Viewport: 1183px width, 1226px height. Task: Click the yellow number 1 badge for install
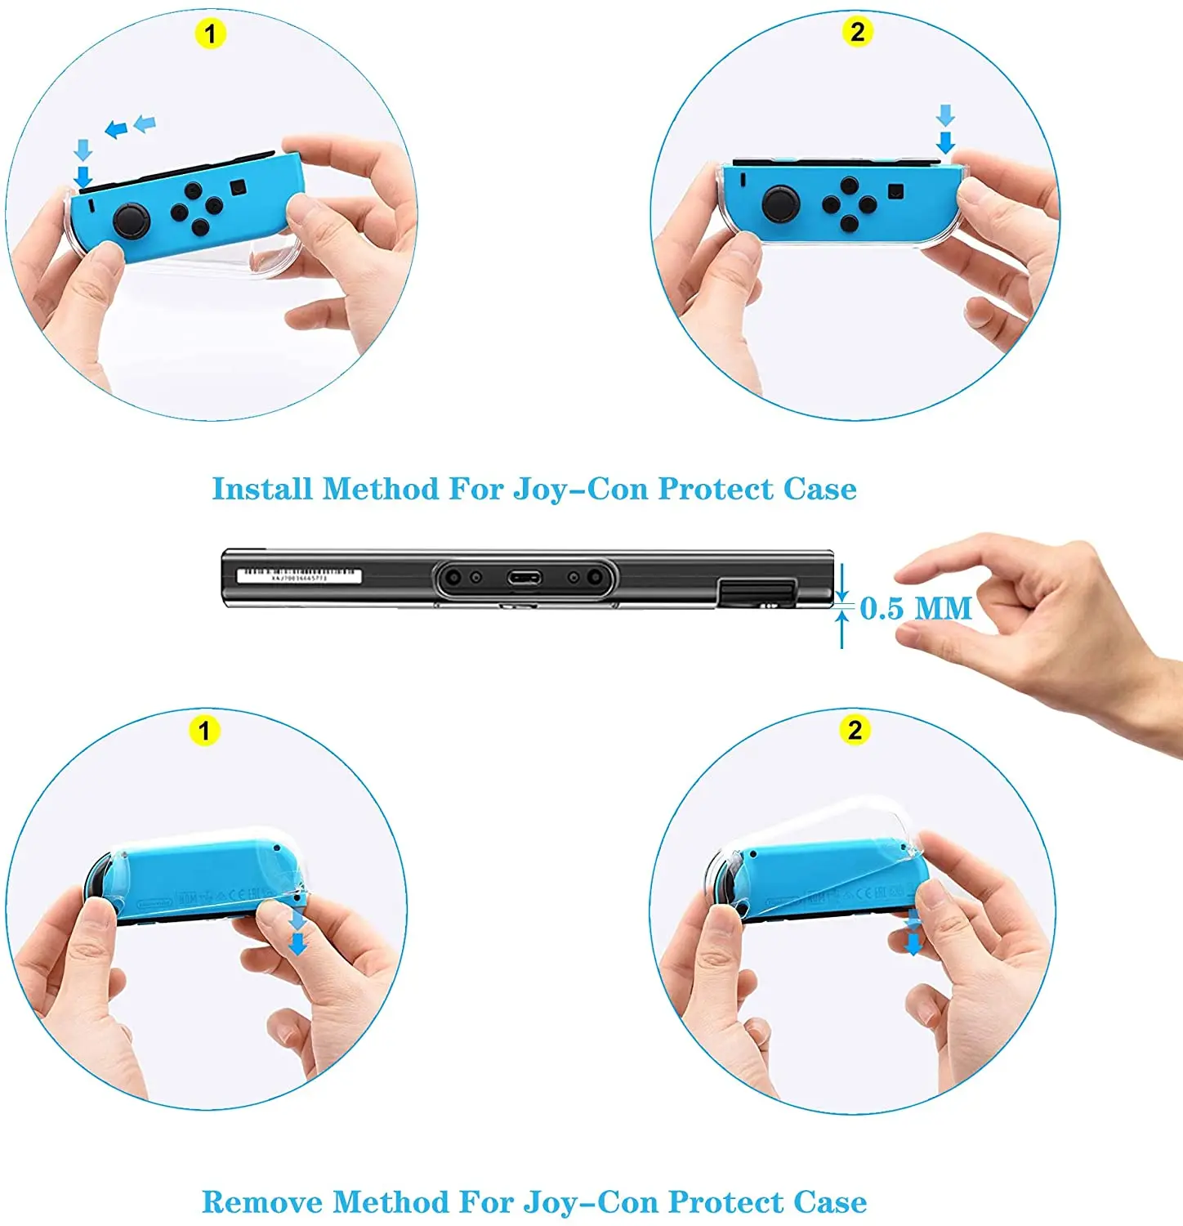pyautogui.click(x=210, y=34)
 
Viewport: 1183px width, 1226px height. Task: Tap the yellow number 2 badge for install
pyautogui.click(x=857, y=32)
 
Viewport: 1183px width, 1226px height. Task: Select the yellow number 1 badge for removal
pyautogui.click(x=204, y=730)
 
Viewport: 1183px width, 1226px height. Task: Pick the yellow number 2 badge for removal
pyautogui.click(x=855, y=729)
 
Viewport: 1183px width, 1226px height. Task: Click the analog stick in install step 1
pyautogui.click(x=132, y=220)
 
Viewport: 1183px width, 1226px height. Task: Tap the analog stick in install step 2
pyautogui.click(x=781, y=202)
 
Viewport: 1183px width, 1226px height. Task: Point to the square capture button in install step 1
pyautogui.click(x=238, y=187)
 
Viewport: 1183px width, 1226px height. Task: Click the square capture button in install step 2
pyautogui.click(x=896, y=192)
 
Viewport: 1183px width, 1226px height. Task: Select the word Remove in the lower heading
pyautogui.click(x=262, y=1201)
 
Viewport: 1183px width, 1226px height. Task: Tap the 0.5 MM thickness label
pyautogui.click(x=915, y=608)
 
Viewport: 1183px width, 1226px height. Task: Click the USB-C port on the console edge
pyautogui.click(x=524, y=579)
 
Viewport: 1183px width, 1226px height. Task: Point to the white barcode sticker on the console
pyautogui.click(x=298, y=575)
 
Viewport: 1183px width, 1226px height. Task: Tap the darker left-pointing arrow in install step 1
pyautogui.click(x=117, y=129)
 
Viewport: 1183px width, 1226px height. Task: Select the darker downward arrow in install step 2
pyautogui.click(x=945, y=143)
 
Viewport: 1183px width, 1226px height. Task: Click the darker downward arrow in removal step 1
pyautogui.click(x=298, y=944)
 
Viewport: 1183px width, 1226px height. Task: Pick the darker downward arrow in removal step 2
pyautogui.click(x=913, y=944)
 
